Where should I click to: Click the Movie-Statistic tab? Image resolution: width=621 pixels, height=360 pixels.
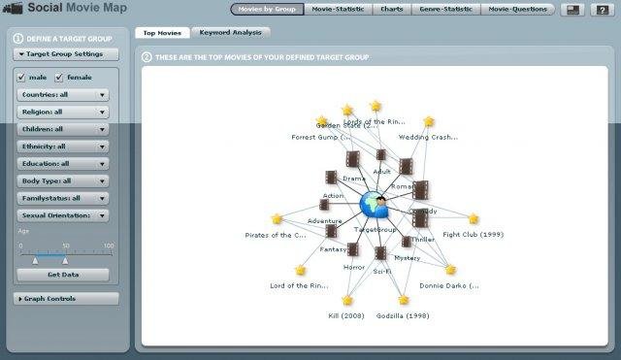coord(333,10)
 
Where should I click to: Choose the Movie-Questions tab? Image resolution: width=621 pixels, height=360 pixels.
coord(517,10)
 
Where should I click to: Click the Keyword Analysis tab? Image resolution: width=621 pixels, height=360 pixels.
coord(225,32)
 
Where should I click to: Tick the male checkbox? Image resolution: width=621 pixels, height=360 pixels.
coord(23,76)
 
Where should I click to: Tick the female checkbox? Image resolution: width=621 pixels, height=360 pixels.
coord(59,76)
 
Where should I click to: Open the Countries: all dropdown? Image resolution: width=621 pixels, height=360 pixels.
coord(62,95)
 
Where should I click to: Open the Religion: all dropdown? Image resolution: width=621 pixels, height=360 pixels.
coord(62,112)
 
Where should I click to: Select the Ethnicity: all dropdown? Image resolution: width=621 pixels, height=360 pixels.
coord(62,147)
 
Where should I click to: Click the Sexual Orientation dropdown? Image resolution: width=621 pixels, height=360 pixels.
coord(62,214)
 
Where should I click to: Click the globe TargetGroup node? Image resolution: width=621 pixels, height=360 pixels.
coord(374,205)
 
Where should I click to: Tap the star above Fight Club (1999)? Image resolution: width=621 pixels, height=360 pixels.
coord(474,219)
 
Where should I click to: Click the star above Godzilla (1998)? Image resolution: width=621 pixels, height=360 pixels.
coord(403,301)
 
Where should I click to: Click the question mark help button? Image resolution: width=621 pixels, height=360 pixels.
coord(602,10)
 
